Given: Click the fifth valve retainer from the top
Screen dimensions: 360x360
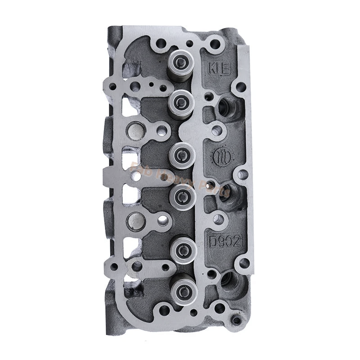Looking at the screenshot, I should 183,246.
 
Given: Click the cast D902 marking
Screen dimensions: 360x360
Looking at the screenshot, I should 225,240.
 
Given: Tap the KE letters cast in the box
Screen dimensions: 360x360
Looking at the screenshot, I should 219,70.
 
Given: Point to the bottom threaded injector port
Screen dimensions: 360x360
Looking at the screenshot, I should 229,281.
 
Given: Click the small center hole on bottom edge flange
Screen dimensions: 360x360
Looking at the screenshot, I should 193,312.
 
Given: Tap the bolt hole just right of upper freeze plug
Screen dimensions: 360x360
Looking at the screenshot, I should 162,131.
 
